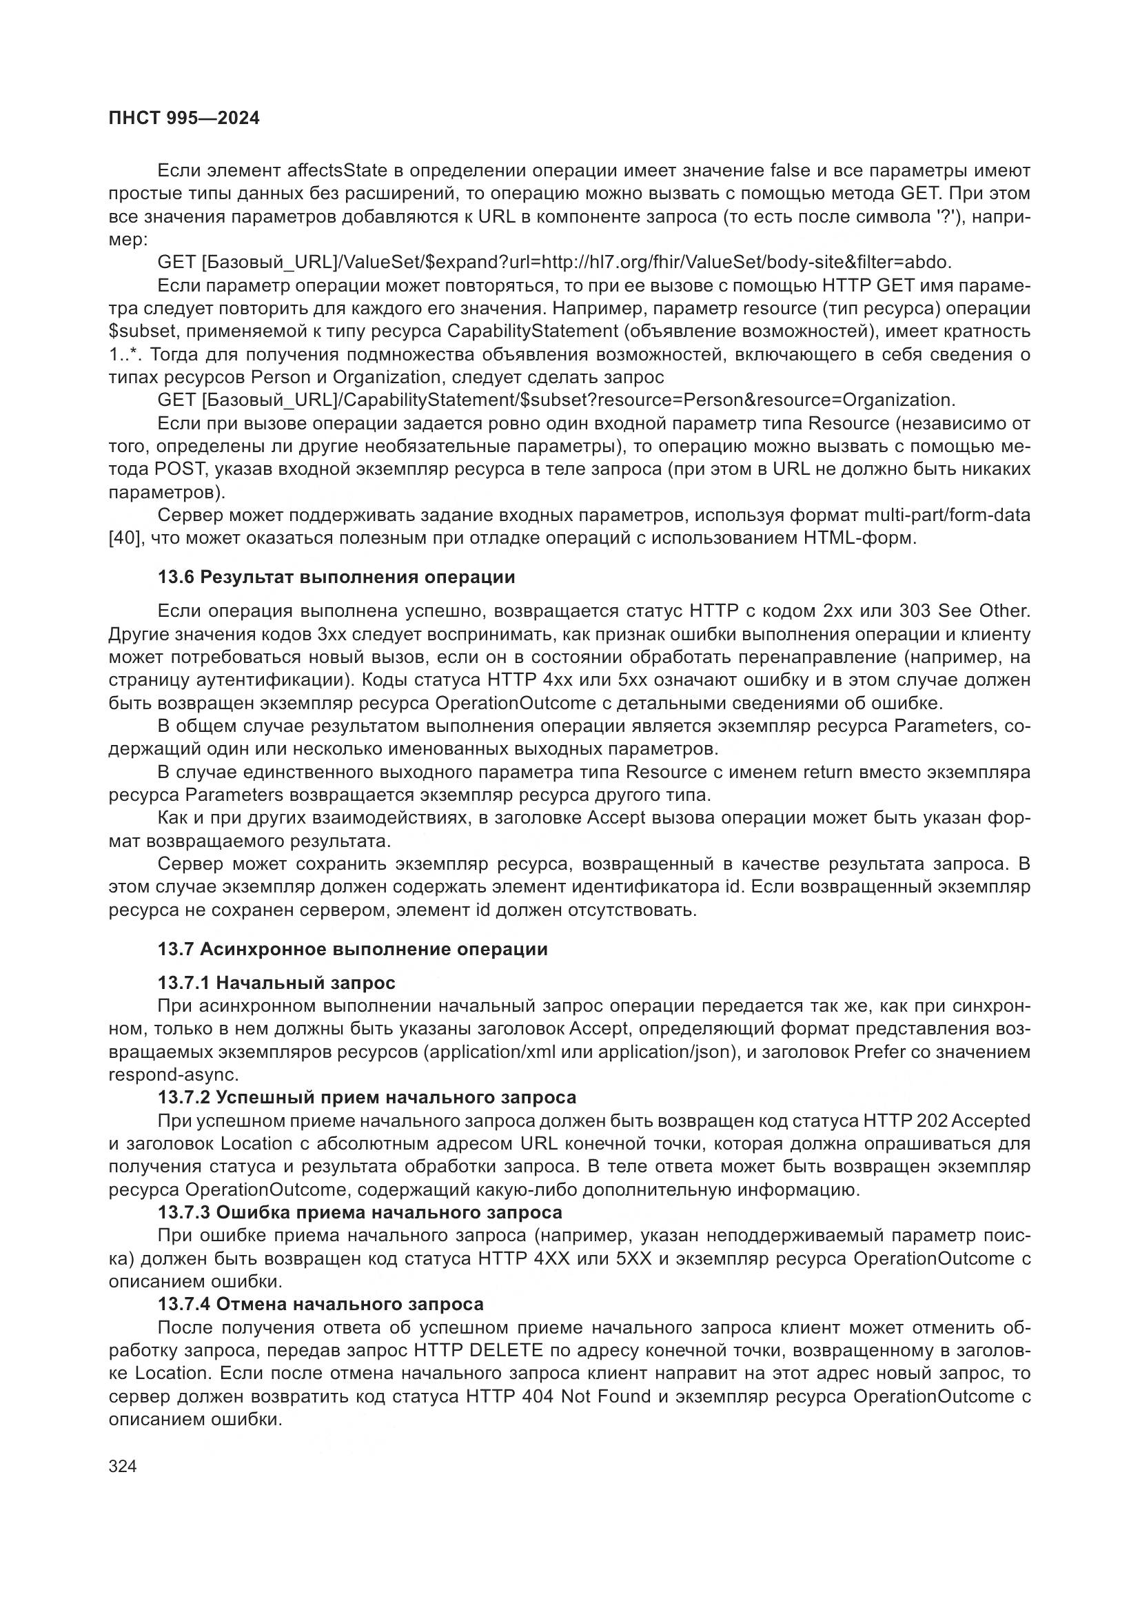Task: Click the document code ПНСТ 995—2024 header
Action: coord(184,119)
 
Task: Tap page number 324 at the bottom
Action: coord(123,1466)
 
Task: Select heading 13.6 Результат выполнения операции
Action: coord(336,577)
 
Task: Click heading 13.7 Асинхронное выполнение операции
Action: coord(352,949)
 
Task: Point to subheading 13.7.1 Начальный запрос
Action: coord(276,982)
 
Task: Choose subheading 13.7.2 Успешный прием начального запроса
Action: coord(367,1097)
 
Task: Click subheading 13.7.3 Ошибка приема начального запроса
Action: coord(359,1212)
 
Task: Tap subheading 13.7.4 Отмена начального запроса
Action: coord(320,1304)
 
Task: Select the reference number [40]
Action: coord(123,538)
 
